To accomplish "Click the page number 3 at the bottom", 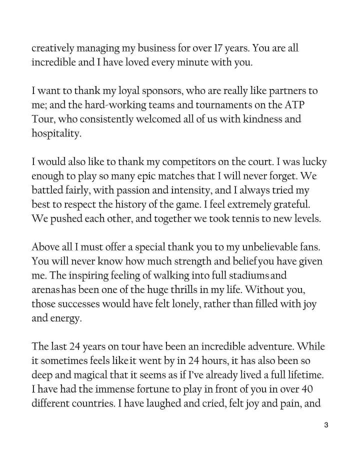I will click(x=326, y=425).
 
